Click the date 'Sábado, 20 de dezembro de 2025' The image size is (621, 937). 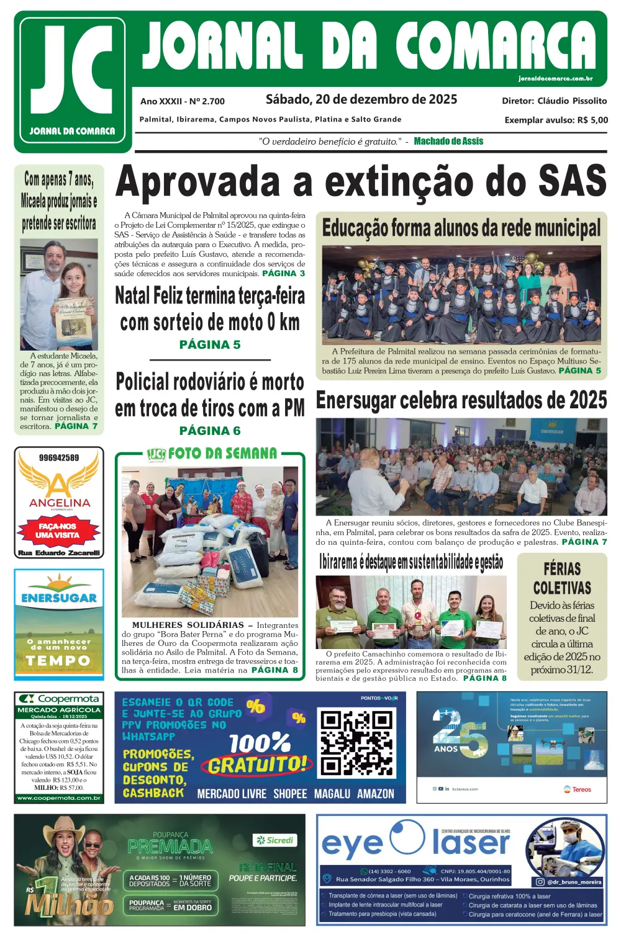361,99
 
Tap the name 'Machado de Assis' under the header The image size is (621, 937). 448,141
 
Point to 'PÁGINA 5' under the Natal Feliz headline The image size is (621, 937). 210,345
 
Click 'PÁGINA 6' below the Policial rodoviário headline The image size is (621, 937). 210,431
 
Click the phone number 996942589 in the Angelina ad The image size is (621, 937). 59,458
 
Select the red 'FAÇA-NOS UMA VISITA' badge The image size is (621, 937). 58,531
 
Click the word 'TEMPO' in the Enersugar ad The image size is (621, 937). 58,661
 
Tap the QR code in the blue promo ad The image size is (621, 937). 356,743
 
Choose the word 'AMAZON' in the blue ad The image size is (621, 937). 376,794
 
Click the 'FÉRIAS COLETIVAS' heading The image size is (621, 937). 562,578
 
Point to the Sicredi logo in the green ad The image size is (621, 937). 275,840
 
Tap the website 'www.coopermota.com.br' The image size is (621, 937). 59,798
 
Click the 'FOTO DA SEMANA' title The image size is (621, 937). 222,454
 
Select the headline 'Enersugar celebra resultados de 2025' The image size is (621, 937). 461,400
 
